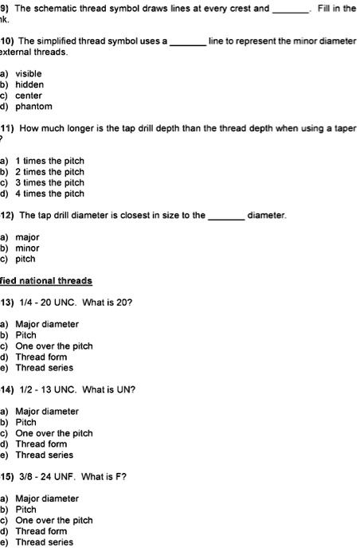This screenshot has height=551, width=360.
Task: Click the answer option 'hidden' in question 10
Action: tap(29, 84)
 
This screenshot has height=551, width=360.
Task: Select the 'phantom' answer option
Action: tap(33, 107)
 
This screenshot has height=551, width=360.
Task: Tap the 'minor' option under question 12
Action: tap(27, 248)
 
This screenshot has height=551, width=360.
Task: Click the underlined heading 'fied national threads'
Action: tap(45, 281)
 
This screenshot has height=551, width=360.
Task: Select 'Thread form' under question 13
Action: tap(41, 357)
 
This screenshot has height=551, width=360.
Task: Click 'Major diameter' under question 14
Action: tap(47, 412)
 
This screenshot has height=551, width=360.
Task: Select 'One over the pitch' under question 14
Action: tap(54, 433)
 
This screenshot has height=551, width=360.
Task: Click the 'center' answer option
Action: tap(29, 96)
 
